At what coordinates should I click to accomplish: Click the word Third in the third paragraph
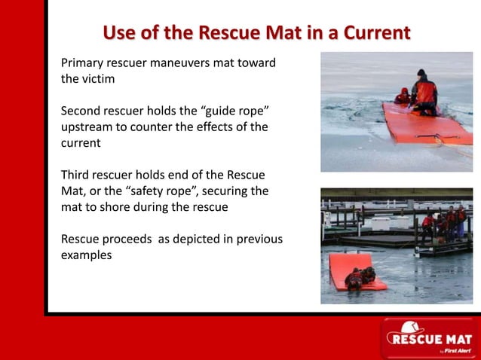(76, 175)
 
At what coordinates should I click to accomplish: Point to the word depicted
(181, 239)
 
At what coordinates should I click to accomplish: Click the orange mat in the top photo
(422, 124)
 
